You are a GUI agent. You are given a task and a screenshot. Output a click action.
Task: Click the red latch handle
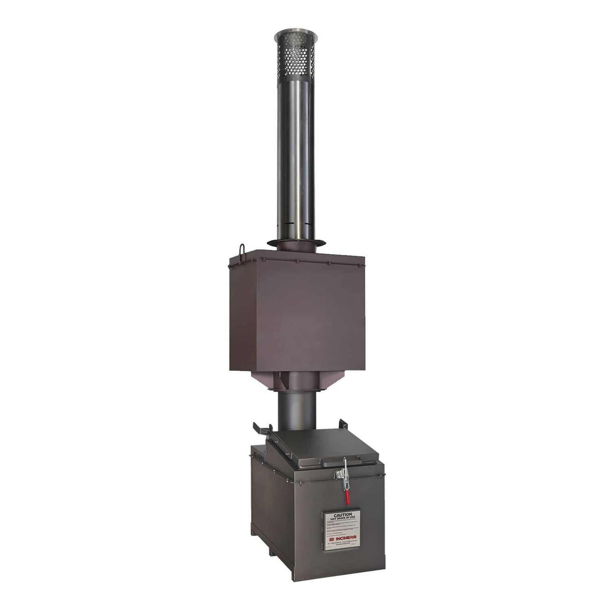point(347,497)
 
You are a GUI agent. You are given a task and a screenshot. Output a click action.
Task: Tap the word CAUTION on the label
point(342,514)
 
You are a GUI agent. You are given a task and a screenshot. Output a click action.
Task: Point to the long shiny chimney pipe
point(296,163)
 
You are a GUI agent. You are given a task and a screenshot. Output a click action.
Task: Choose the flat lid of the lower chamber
point(321,447)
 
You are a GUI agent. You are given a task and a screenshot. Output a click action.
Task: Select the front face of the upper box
point(309,317)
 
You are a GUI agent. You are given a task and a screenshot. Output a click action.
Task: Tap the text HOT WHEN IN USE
point(342,519)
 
